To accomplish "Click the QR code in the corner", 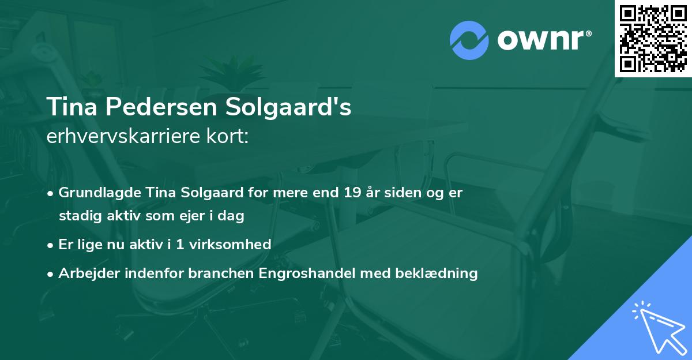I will coord(653,38).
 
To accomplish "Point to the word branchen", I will coord(213,273).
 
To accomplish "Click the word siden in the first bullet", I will coord(407,193).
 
